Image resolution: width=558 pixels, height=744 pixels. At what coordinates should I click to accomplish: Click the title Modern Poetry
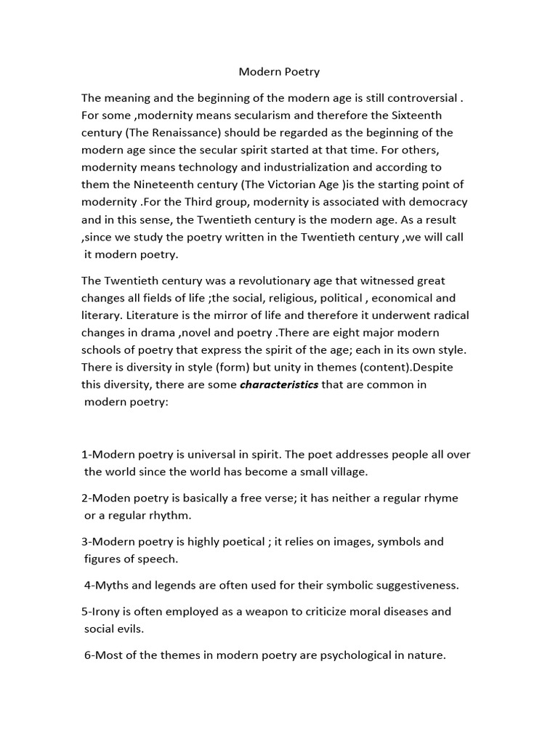279,72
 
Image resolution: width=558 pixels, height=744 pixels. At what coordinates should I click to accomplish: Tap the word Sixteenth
416,115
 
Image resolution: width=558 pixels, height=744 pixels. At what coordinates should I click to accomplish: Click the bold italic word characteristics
279,385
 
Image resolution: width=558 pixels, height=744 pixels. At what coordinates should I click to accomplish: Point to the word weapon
267,612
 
